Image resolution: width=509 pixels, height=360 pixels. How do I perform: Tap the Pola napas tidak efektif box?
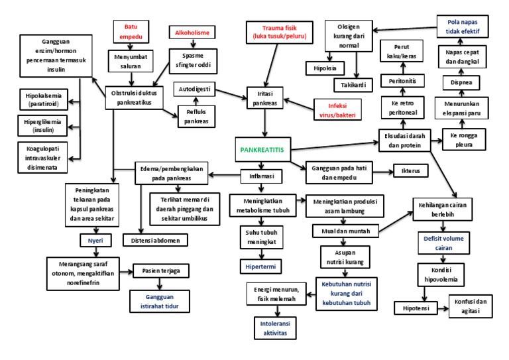click(x=463, y=27)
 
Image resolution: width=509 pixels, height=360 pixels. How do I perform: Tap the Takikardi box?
click(x=361, y=84)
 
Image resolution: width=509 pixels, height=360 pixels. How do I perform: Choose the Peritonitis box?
click(x=401, y=77)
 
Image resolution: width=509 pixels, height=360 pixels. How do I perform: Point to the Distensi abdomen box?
click(x=155, y=240)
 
